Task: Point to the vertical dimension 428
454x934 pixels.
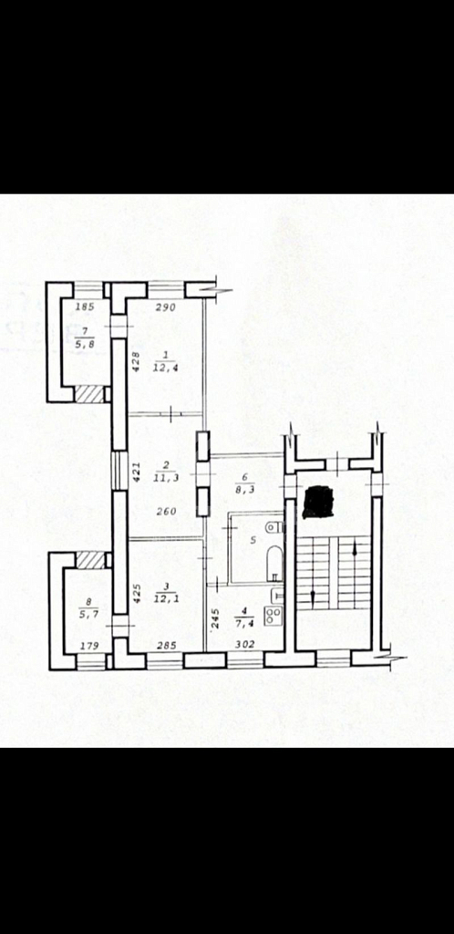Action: [136, 363]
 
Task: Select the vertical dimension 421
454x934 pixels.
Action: [136, 472]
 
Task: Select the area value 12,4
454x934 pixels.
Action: [167, 368]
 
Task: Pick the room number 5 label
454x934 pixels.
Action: [253, 540]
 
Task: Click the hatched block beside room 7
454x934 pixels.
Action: [90, 393]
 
